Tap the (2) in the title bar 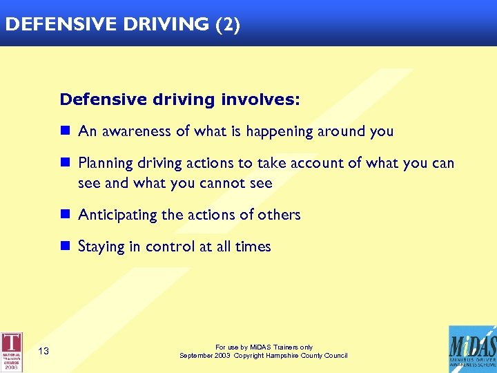click(228, 25)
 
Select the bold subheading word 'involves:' click(260, 99)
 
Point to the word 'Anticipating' click(118, 215)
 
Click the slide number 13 click(43, 352)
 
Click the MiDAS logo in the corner click(471, 349)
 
